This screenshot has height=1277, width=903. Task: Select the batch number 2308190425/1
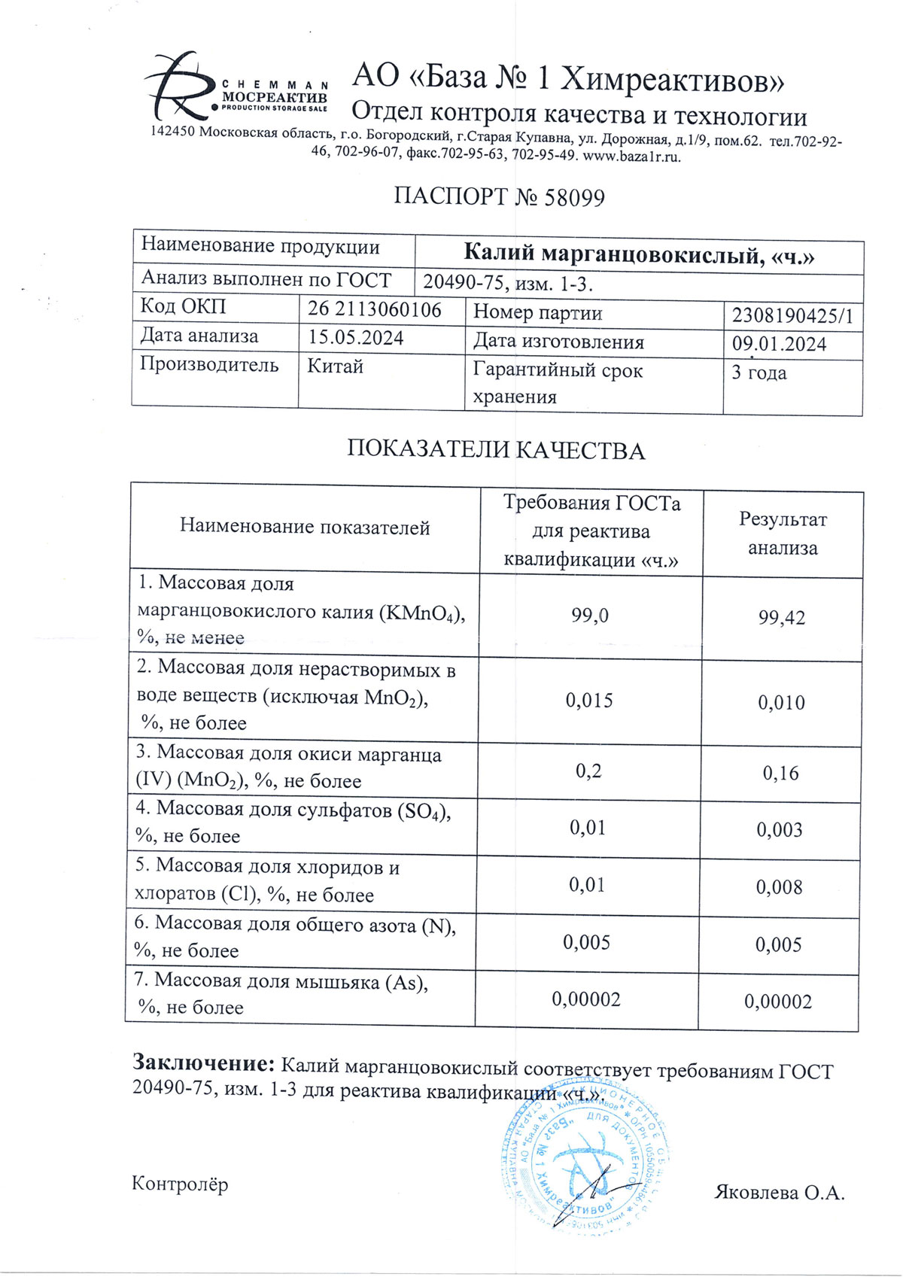[x=792, y=316]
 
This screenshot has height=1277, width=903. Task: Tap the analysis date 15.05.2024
[x=356, y=338]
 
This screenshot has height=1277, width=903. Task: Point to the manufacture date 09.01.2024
[x=779, y=345]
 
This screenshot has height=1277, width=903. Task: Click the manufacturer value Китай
[x=336, y=366]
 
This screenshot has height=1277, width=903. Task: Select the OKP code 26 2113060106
[x=375, y=310]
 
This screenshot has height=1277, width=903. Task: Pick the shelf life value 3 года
[x=759, y=373]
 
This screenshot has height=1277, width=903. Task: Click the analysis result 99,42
[x=782, y=619]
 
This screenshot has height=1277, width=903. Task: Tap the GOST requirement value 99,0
[x=590, y=616]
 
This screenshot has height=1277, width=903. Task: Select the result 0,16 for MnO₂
[x=780, y=774]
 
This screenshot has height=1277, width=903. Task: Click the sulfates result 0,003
[x=780, y=830]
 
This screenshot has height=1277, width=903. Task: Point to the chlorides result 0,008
[x=780, y=888]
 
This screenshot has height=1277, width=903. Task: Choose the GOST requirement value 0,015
[x=589, y=701]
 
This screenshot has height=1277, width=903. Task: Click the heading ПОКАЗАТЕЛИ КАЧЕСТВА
[x=496, y=450]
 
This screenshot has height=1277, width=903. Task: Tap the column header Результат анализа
[x=783, y=534]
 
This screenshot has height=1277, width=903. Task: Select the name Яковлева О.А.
[x=779, y=1193]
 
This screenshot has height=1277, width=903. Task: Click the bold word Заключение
[x=203, y=1063]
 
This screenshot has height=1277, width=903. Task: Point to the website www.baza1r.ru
[x=632, y=157]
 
